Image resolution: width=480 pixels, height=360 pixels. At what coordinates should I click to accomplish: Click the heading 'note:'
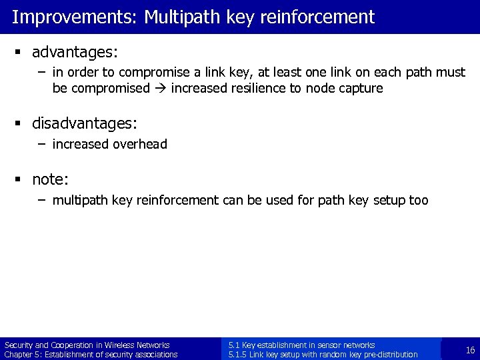(51, 179)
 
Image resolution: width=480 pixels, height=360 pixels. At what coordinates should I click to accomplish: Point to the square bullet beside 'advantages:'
(21, 52)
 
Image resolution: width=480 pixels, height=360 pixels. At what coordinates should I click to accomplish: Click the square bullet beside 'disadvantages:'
(21, 124)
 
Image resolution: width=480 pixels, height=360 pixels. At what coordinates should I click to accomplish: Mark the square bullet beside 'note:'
(21, 180)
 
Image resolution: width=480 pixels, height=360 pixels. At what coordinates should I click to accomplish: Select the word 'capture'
(363, 88)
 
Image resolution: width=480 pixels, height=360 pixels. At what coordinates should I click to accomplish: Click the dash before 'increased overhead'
(43, 143)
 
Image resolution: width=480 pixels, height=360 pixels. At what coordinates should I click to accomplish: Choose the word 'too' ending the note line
(417, 200)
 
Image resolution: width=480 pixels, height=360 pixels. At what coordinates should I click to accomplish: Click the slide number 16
(470, 349)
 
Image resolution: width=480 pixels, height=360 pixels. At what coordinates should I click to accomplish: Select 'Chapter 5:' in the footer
(21, 354)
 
